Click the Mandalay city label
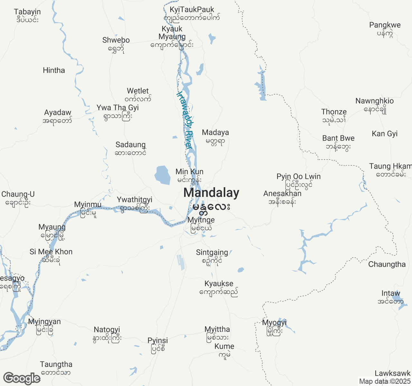coord(211,193)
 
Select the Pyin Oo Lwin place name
coord(298,177)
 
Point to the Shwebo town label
coord(116,40)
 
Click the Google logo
coord(22,378)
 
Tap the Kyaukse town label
coord(219,284)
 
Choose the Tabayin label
coord(27,12)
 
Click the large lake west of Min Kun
coord(162,175)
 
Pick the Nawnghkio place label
coord(374,101)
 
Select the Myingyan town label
coord(44,322)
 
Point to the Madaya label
coord(215,133)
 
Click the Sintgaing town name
coord(212,253)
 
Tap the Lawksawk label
coord(392,373)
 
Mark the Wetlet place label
coord(138,91)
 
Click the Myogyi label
coord(274,323)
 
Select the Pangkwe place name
coord(385,25)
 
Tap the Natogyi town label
coord(107,330)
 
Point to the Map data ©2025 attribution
coord(385,381)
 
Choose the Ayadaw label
coord(58,113)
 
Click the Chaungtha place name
coord(387,264)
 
